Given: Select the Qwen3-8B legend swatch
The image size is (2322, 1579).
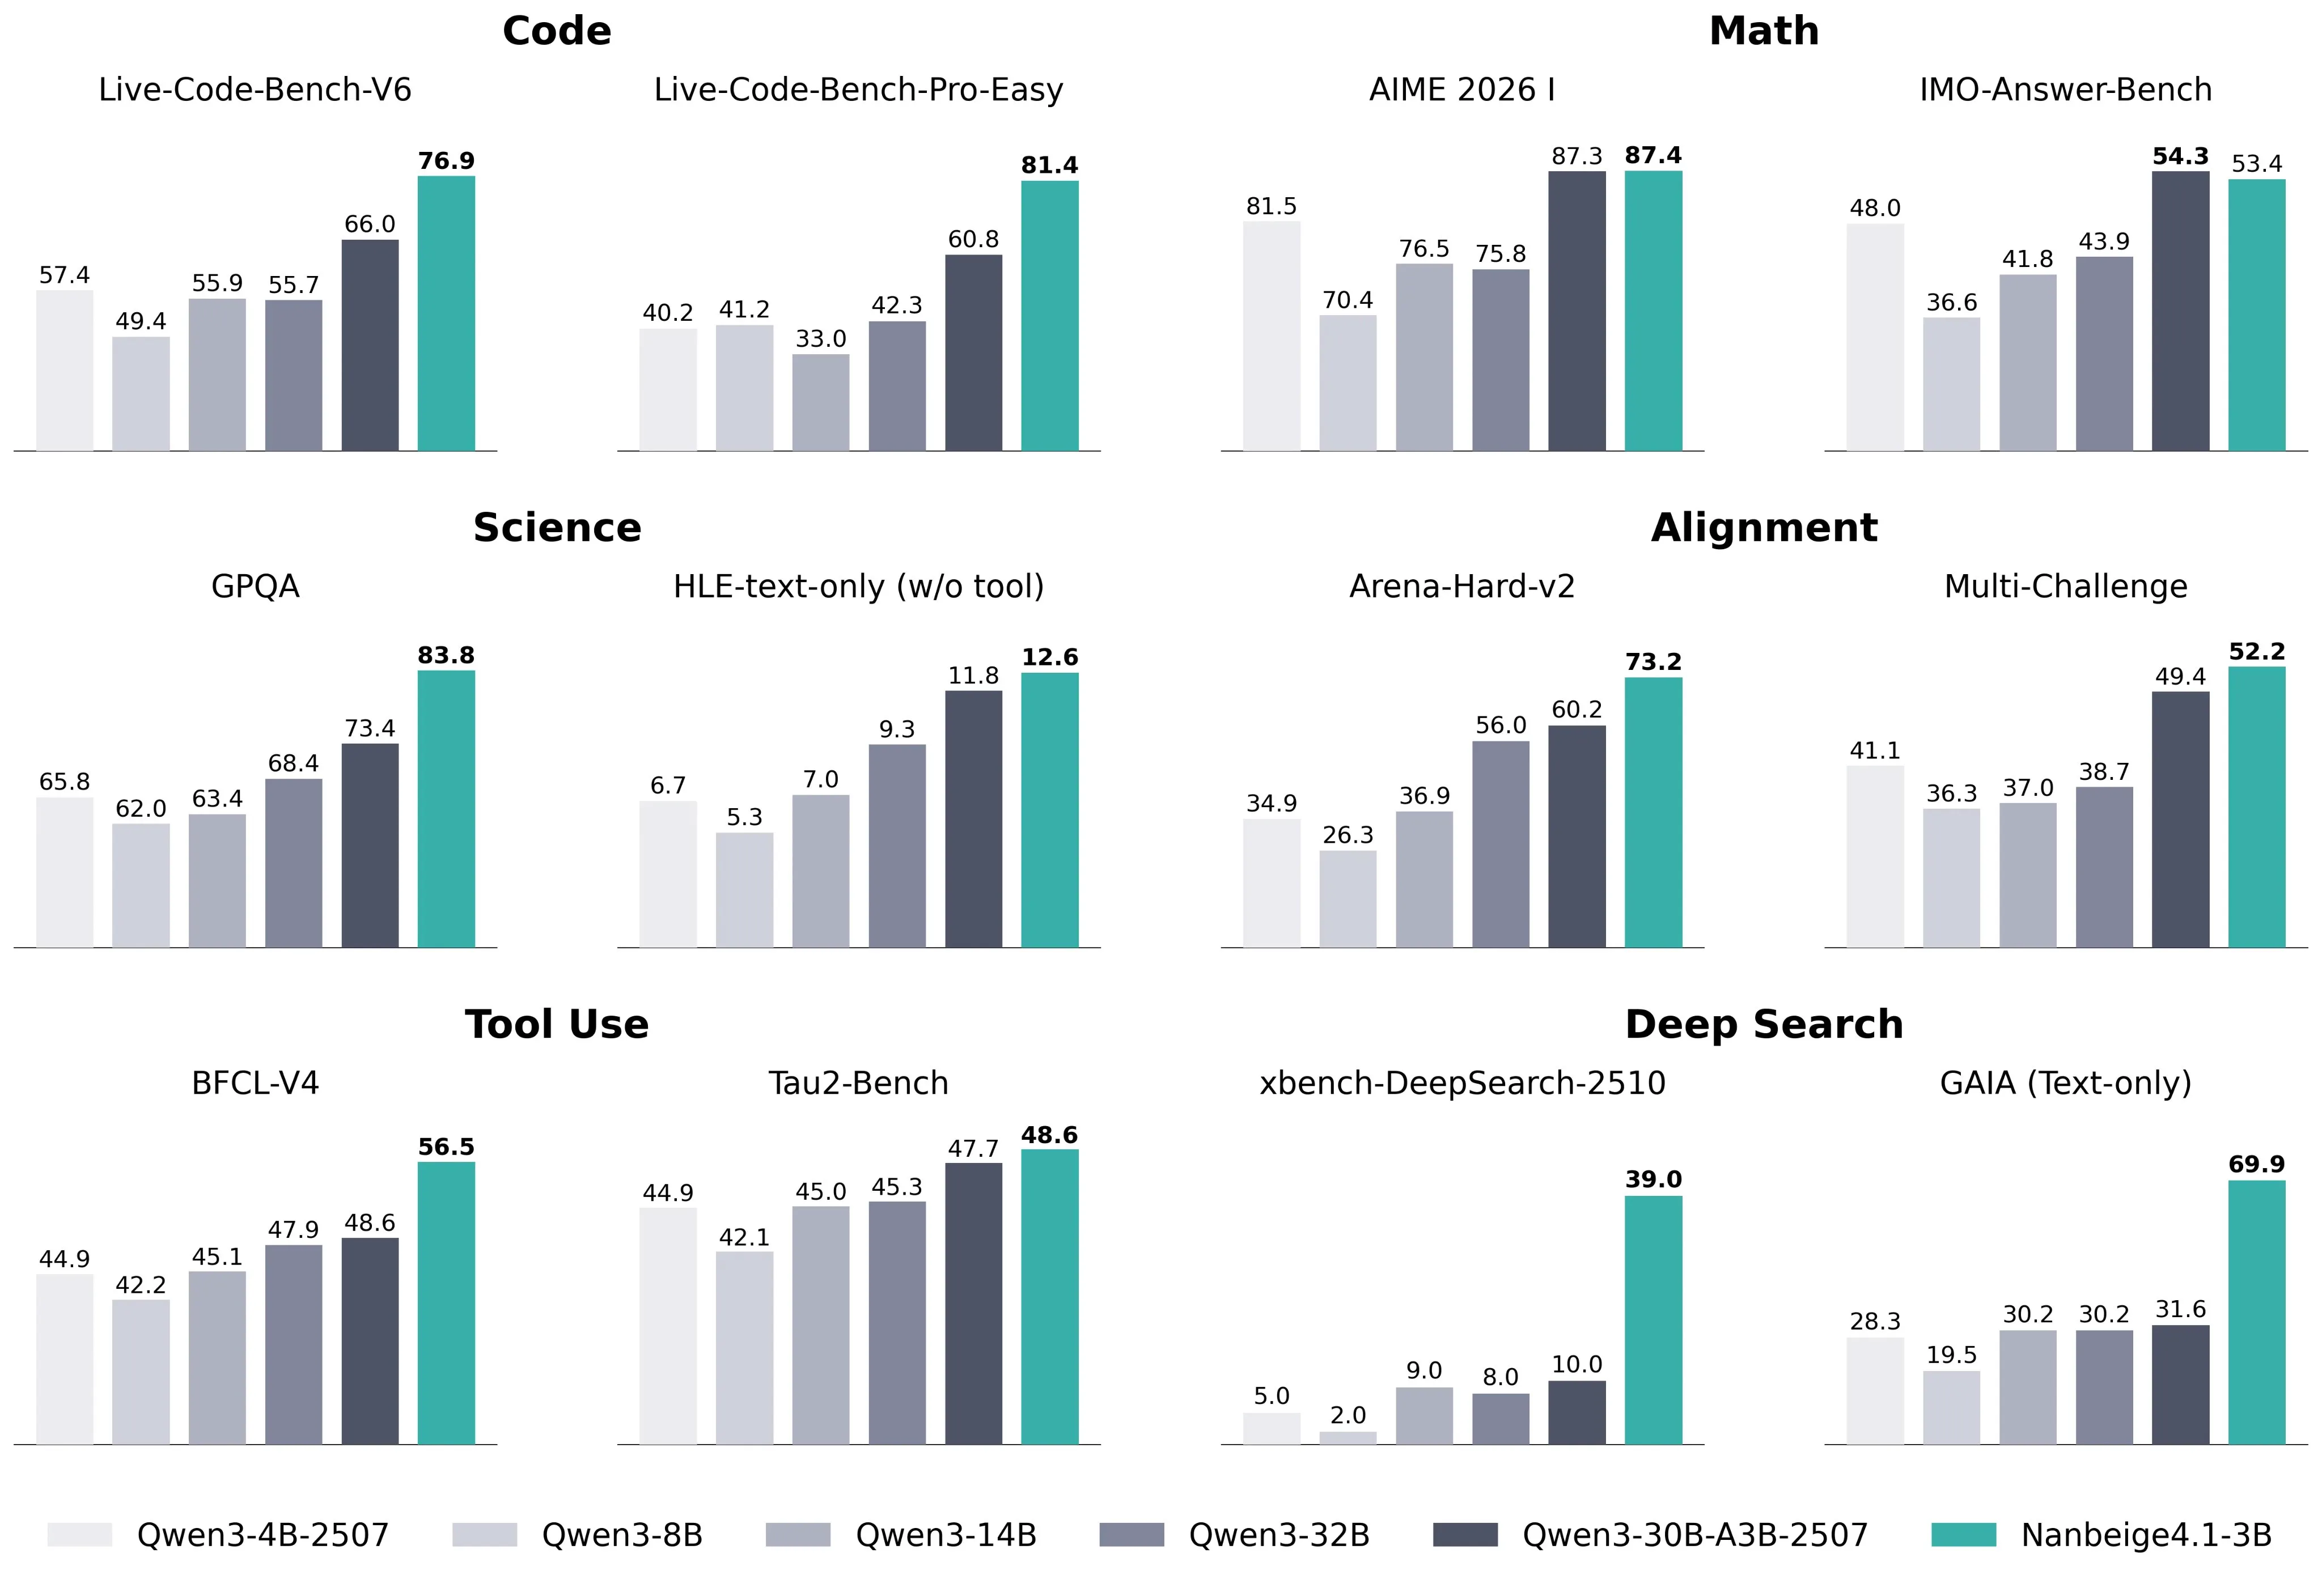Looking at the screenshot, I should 485,1534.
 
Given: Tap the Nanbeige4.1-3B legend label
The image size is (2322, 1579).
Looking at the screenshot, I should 2145,1534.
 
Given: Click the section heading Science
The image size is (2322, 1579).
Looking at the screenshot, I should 557,527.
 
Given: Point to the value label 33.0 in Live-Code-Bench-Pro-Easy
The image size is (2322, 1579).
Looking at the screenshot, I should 820,338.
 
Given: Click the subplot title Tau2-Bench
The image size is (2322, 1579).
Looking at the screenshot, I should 858,1083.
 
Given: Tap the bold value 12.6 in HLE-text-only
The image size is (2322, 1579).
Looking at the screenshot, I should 1049,657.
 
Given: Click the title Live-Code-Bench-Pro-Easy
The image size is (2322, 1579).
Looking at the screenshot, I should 858,90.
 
